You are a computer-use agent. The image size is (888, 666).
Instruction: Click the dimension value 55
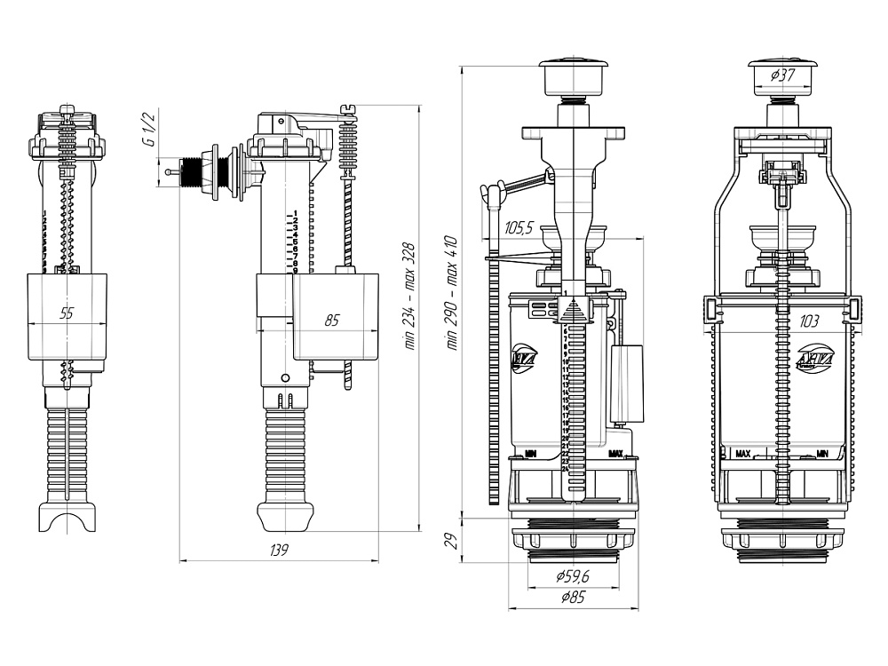[x=67, y=313]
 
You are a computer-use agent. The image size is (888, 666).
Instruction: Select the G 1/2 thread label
[x=150, y=129]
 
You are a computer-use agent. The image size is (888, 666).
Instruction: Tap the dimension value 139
[x=280, y=551]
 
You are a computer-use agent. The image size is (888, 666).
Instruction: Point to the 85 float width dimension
[x=331, y=320]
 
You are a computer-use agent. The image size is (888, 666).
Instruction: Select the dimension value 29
[x=450, y=540]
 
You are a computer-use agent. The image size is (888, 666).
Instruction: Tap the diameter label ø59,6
[x=575, y=576]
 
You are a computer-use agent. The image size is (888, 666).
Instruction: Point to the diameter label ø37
[x=782, y=75]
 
